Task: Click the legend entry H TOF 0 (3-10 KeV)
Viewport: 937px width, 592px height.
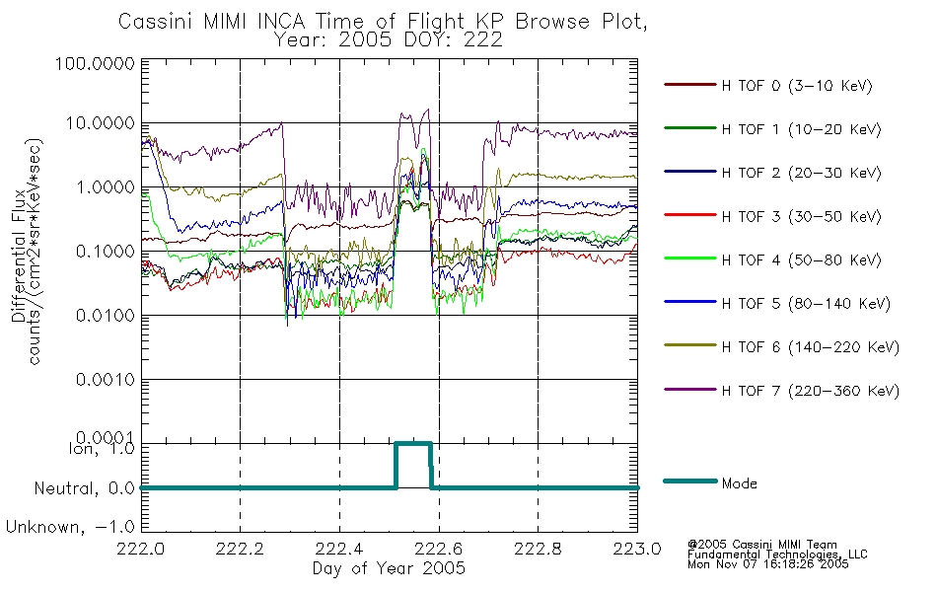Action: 797,86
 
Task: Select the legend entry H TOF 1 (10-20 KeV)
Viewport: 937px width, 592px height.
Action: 801,129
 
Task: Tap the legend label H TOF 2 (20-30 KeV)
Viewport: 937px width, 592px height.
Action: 801,173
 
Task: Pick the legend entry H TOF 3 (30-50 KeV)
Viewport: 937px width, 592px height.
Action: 801,216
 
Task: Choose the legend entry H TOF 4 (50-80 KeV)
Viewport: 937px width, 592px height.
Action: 801,260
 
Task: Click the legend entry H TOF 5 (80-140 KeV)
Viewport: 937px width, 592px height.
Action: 806,304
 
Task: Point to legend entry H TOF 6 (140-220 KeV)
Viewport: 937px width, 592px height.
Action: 810,347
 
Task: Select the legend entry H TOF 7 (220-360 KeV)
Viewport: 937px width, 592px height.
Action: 810,391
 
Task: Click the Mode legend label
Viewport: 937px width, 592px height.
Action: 739,483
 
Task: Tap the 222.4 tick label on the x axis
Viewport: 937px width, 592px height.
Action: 339,549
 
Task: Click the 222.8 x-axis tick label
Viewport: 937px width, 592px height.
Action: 538,549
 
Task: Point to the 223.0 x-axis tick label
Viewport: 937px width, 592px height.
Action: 637,549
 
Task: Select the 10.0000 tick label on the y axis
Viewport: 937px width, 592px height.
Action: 100,123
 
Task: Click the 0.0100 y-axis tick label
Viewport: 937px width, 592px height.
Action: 106,315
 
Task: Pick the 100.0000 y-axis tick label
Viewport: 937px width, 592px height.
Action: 95,63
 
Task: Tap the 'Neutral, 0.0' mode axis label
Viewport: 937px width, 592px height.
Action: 84,489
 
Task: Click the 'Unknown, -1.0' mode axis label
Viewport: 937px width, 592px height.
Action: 70,527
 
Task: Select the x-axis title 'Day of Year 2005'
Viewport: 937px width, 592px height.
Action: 389,568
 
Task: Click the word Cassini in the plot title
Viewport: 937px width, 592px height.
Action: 156,22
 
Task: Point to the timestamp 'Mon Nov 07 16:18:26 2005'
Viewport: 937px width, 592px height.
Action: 768,564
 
